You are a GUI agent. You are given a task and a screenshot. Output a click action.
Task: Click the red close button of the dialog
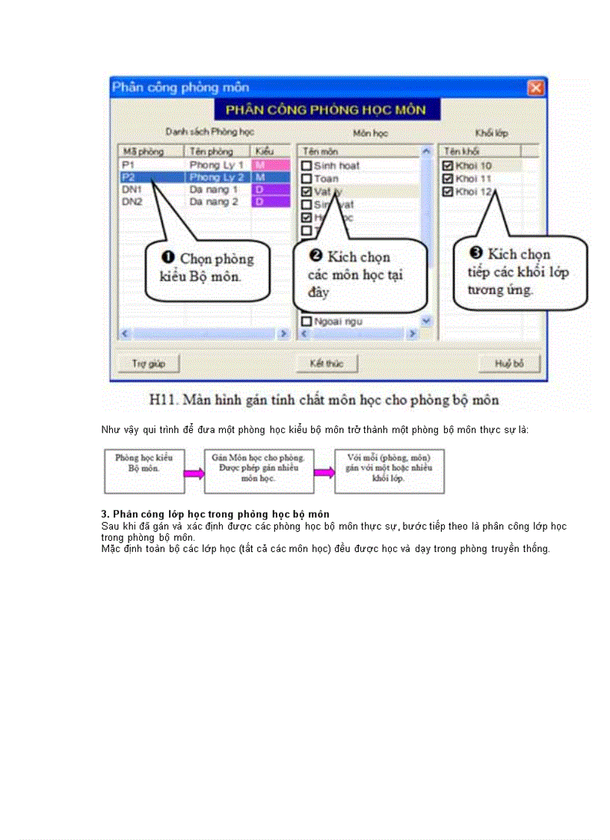pos(535,88)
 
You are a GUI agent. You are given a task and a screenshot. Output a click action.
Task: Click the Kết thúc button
pos(326,364)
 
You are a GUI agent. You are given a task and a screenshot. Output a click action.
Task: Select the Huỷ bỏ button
pos(509,364)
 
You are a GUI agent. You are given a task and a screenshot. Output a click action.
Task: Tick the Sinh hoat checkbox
pos(306,165)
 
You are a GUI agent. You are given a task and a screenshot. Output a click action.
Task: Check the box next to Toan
pos(306,178)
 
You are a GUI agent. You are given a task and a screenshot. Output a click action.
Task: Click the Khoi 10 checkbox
pos(448,165)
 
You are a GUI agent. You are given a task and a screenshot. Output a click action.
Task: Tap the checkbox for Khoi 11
pos(448,179)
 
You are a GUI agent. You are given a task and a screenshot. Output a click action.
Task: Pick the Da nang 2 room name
pos(213,202)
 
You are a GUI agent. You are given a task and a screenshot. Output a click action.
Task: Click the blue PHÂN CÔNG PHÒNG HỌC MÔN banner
pos(326,110)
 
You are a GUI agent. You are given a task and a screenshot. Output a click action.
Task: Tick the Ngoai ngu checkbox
pos(306,321)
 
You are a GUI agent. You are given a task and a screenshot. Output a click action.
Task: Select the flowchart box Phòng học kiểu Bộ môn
pos(144,471)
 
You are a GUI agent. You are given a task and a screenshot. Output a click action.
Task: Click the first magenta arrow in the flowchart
pos(194,473)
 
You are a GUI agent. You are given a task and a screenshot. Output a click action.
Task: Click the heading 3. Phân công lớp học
pos(215,514)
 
